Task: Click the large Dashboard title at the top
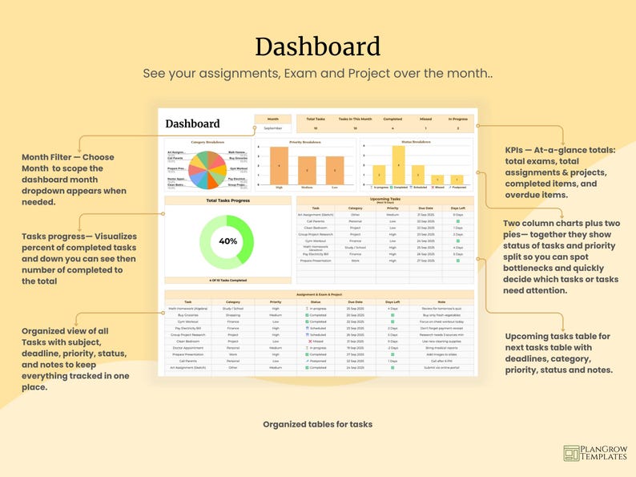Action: click(317, 46)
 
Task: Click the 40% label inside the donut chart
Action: click(227, 241)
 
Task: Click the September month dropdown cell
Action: click(272, 127)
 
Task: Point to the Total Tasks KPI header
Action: click(315, 118)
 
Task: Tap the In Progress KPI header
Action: click(457, 118)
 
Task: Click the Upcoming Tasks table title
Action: click(386, 198)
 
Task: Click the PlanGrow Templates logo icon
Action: click(572, 454)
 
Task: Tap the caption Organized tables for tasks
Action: click(317, 424)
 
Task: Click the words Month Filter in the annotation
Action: click(50, 157)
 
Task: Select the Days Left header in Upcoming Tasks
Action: click(457, 208)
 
